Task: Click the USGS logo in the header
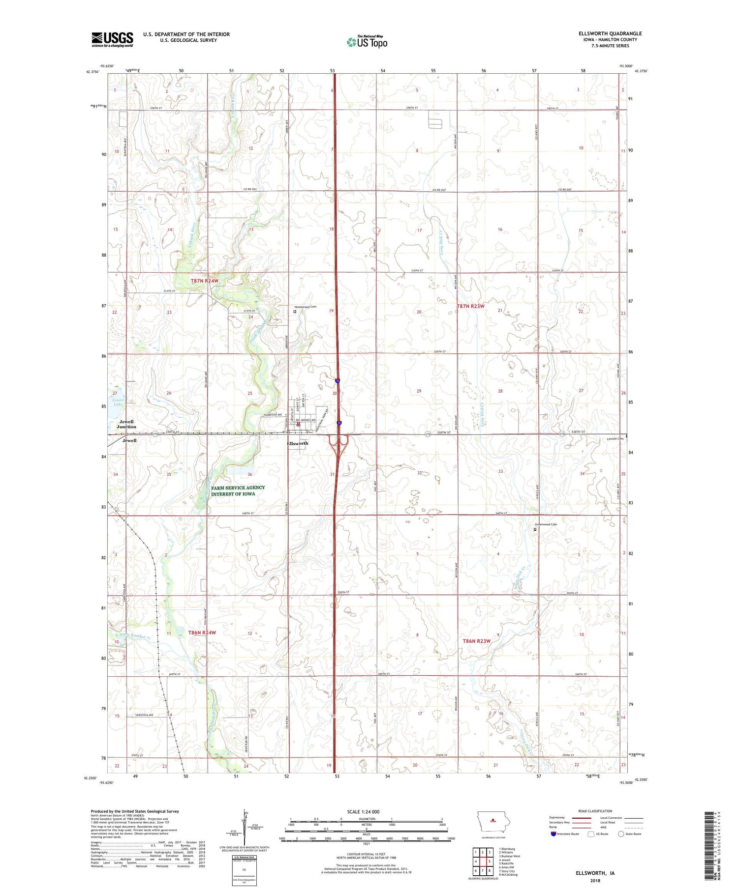112,39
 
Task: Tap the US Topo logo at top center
367,42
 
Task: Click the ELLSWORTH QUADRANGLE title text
610,33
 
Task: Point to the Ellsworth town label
298,443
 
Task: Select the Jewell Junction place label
126,424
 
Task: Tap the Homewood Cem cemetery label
305,307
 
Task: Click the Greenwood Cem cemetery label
546,524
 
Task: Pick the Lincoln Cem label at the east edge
615,438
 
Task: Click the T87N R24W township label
204,281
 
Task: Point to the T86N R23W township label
477,641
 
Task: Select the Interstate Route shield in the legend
554,834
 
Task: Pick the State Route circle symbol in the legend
621,834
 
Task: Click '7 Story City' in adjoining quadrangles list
507,871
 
